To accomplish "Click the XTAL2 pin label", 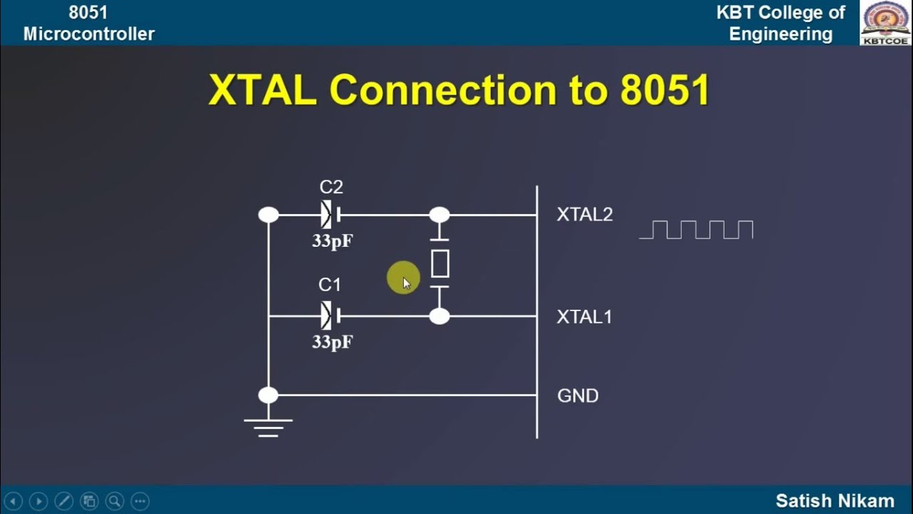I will click(584, 215).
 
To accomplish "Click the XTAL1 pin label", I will click(584, 317).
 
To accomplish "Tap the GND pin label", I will click(577, 395).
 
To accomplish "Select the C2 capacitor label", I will click(331, 187).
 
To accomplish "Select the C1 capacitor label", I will click(330, 286).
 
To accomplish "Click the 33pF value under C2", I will click(332, 241).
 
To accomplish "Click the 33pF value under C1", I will click(332, 342).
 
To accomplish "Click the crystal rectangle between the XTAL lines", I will click(440, 264).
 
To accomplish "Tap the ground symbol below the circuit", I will click(268, 427).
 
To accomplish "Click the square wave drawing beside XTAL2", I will click(696, 230).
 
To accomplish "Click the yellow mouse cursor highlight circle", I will click(403, 278).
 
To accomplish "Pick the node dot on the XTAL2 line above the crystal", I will click(439, 215).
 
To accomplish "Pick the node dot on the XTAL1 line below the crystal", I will click(439, 316).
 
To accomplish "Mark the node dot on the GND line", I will click(268, 395).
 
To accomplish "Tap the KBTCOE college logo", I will click(885, 22).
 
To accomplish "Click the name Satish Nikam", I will click(835, 500).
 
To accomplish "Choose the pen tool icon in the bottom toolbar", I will click(63, 500).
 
